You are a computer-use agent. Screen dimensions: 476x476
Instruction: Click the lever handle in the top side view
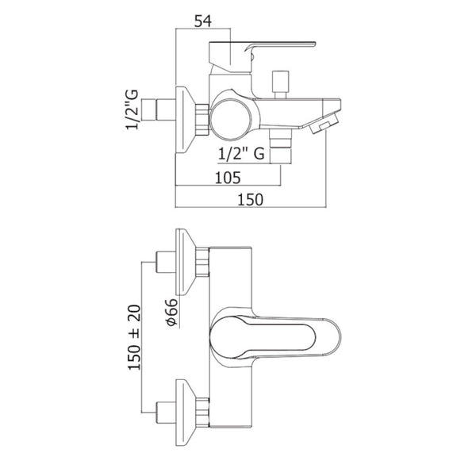coord(262,48)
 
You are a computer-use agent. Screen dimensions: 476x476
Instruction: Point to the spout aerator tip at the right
coord(324,126)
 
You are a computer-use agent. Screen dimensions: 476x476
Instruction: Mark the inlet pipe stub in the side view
coord(163,108)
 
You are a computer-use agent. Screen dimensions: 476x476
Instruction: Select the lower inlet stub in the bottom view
coord(163,411)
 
